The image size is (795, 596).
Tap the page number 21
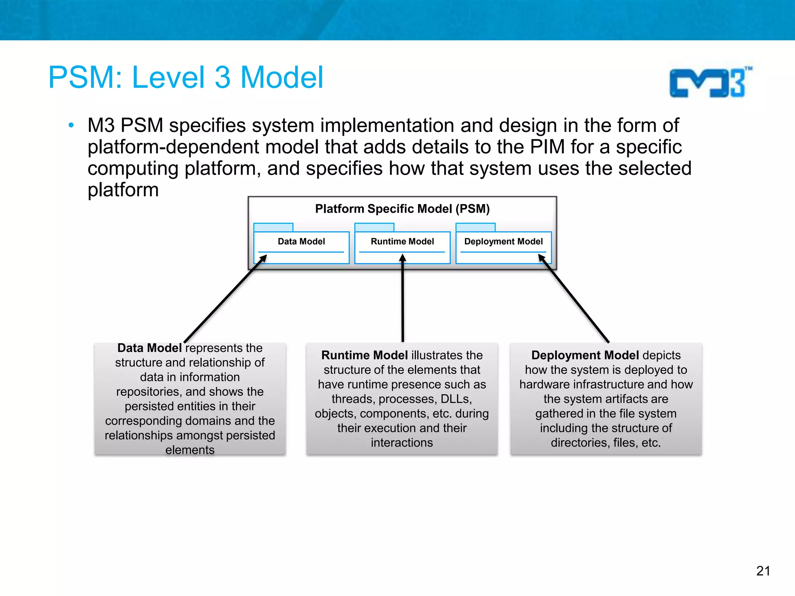coord(763,571)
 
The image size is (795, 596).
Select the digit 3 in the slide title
coord(222,78)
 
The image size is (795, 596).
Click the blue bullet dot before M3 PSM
coord(71,125)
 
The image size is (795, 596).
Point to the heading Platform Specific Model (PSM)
coord(402,209)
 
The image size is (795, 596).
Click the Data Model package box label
coord(301,241)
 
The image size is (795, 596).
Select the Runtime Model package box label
coord(402,241)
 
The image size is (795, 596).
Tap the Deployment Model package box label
coord(503,241)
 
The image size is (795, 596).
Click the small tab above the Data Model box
coord(273,227)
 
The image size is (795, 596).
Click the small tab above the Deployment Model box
coord(475,227)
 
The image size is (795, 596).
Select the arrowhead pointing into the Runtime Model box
coord(403,258)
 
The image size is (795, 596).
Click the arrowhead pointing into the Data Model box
coord(263,258)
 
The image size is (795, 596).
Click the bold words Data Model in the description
coord(149,348)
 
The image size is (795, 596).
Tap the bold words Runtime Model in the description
coord(364,355)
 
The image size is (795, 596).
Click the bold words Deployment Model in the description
coord(585,355)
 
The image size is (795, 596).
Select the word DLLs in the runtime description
coord(456,399)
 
